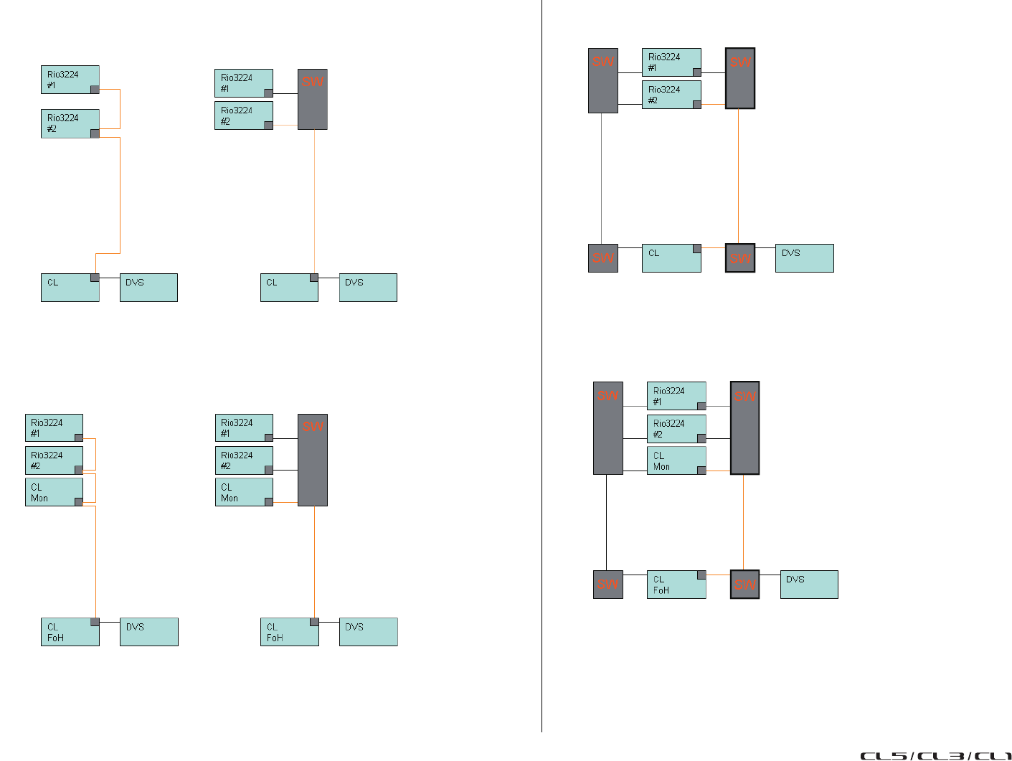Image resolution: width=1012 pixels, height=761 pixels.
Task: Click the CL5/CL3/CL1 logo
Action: coord(935,755)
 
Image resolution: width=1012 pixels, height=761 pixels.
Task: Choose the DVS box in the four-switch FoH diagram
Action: coord(808,585)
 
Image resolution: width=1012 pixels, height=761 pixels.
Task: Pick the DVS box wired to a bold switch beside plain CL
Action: coord(804,258)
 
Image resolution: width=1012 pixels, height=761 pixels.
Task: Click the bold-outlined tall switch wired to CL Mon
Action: coord(744,428)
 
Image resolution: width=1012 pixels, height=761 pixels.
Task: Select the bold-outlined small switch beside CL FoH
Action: coord(744,585)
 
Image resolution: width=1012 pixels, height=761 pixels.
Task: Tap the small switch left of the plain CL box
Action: coord(602,258)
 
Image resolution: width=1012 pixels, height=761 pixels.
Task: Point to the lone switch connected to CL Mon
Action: coord(313,460)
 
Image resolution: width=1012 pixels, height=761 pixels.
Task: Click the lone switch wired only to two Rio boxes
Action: coord(313,99)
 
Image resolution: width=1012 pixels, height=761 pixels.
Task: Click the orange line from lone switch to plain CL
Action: coord(314,201)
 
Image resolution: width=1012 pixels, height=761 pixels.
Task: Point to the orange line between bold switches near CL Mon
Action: coord(743,522)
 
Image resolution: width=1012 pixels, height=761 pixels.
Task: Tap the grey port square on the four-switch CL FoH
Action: coord(701,575)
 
